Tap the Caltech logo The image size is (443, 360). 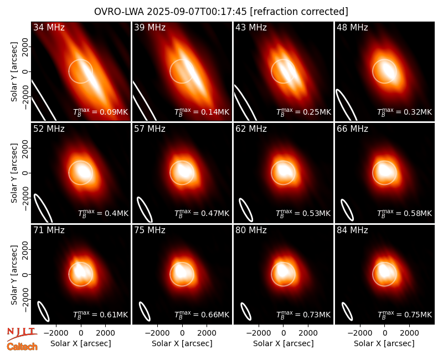(x=22, y=347)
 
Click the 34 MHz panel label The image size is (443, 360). (x=49, y=27)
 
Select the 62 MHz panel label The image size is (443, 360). (x=251, y=129)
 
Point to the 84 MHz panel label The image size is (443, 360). (x=352, y=230)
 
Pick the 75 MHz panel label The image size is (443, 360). (x=150, y=230)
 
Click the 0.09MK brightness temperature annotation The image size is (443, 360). (x=101, y=112)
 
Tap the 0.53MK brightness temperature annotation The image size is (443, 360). (x=303, y=213)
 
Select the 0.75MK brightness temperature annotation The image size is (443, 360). (x=405, y=315)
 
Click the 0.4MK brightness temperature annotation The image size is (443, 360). (x=103, y=213)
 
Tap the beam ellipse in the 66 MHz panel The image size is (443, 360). (x=347, y=210)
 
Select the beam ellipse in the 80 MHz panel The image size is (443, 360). (x=246, y=311)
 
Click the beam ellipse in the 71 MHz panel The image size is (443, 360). (x=44, y=311)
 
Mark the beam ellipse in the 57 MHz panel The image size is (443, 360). (x=145, y=209)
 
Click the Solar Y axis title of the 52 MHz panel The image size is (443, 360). (x=14, y=173)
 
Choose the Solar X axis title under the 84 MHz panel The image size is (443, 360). (x=384, y=343)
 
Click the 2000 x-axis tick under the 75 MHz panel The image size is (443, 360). (x=207, y=333)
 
